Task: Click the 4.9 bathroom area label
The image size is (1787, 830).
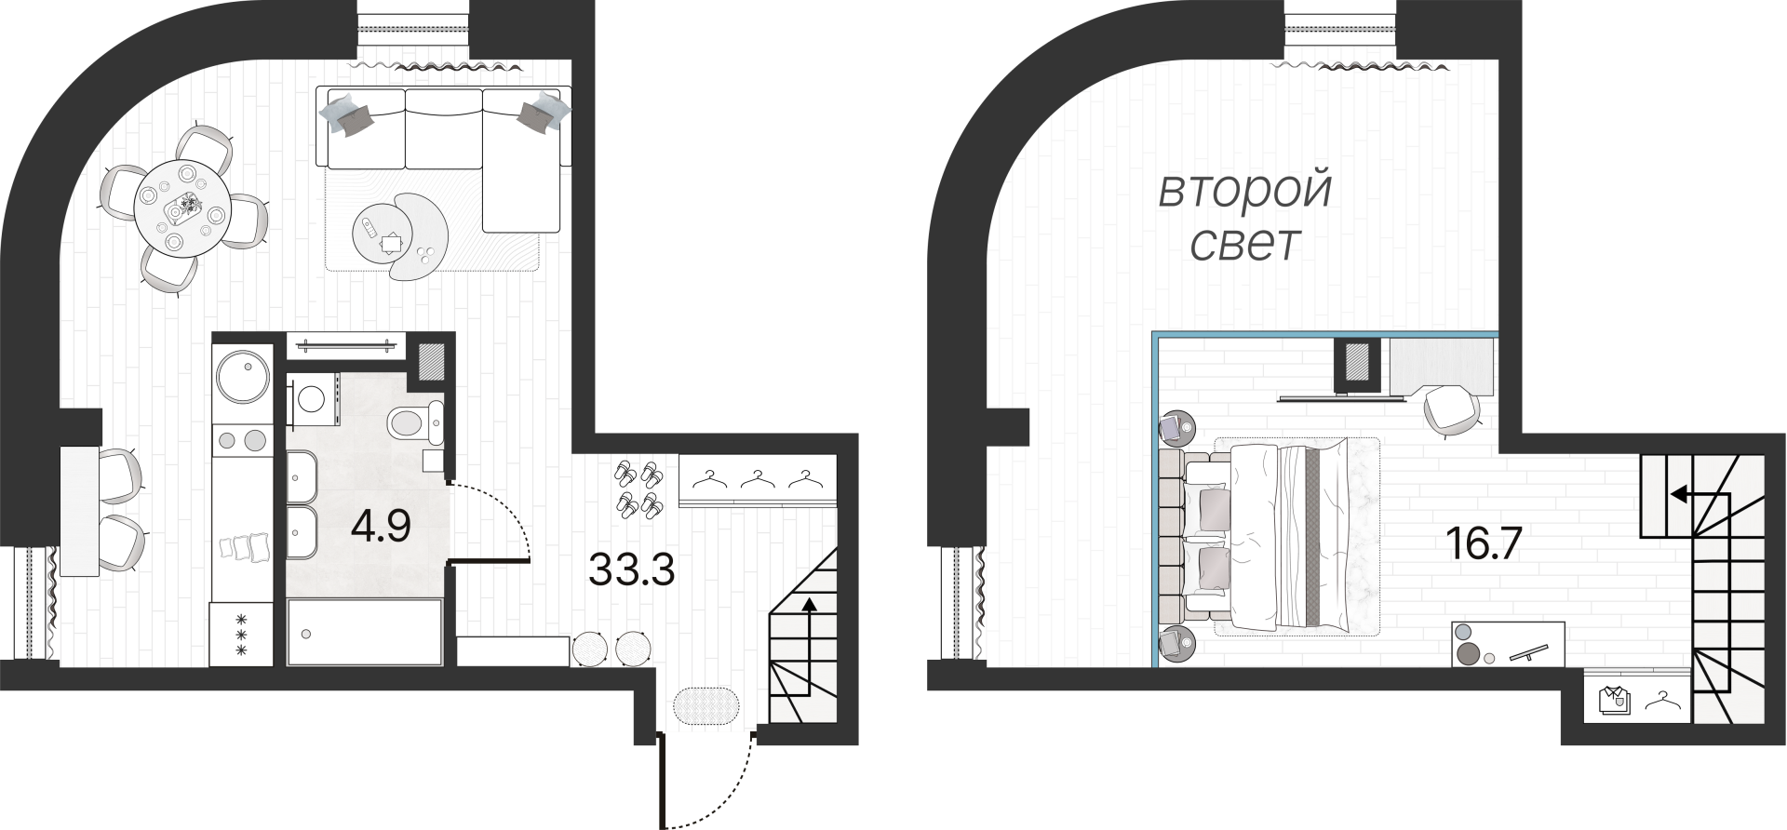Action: [x=381, y=529]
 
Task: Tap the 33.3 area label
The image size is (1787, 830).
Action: [x=632, y=569]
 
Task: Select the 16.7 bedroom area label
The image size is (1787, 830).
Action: [x=1484, y=542]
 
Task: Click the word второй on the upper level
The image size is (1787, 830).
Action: [x=1245, y=192]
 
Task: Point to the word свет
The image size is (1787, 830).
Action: [x=1245, y=244]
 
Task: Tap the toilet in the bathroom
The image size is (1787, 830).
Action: [x=415, y=424]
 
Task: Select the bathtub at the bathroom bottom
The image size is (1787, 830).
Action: [x=365, y=632]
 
